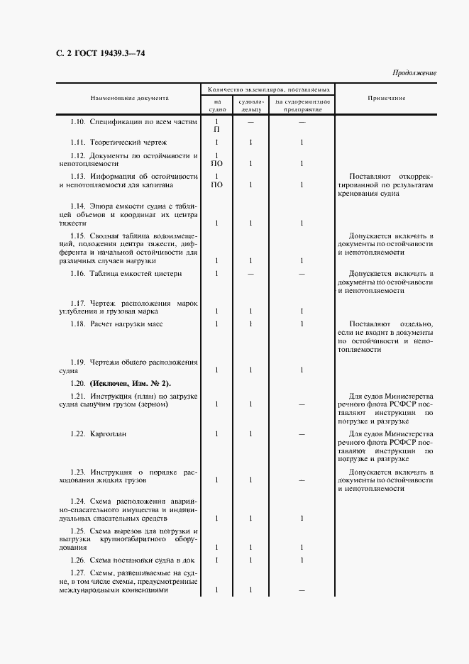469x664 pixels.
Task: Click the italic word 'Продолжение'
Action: tap(414, 73)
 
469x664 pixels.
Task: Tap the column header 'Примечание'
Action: tap(387, 98)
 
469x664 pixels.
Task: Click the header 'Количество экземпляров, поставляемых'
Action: tap(268, 90)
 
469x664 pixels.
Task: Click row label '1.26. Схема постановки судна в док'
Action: tap(135, 560)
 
